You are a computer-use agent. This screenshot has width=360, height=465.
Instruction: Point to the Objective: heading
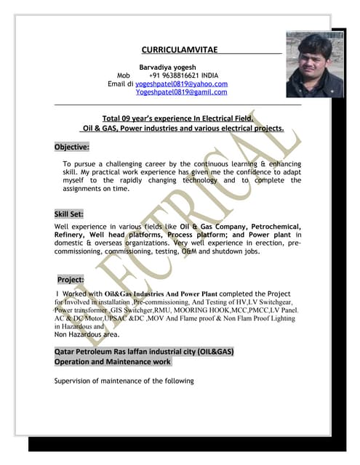click(71, 147)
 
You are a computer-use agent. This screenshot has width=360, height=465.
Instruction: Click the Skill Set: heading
click(69, 214)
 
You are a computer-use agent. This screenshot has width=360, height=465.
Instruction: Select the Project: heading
click(71, 279)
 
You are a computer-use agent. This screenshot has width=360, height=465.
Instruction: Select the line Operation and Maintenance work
click(113, 361)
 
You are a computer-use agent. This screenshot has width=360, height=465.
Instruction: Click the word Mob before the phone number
click(123, 75)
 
